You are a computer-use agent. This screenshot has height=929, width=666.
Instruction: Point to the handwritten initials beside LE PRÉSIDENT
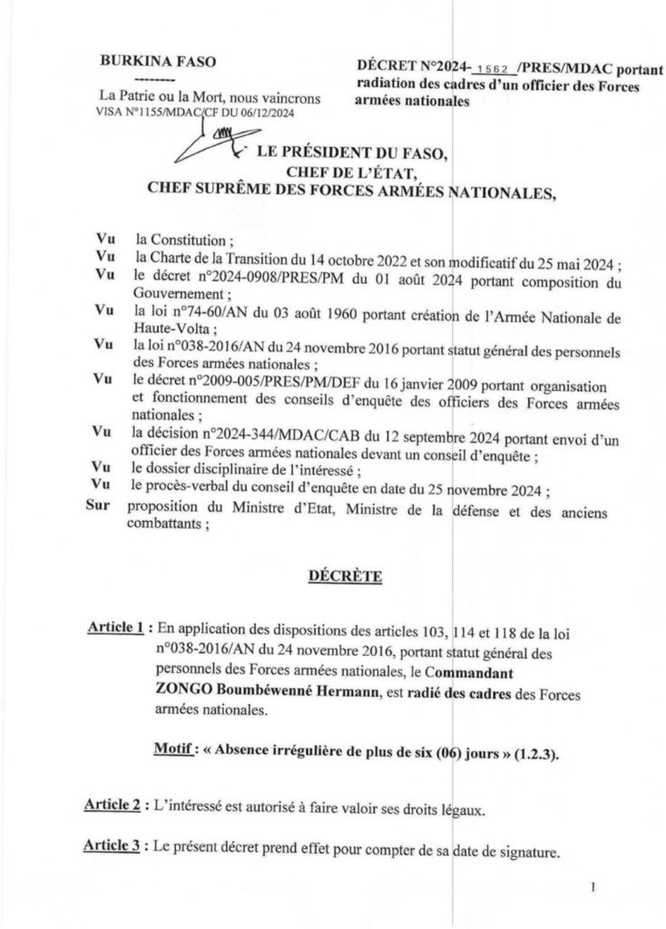pos(216,143)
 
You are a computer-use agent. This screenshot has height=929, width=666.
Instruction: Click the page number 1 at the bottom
pos(592,891)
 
